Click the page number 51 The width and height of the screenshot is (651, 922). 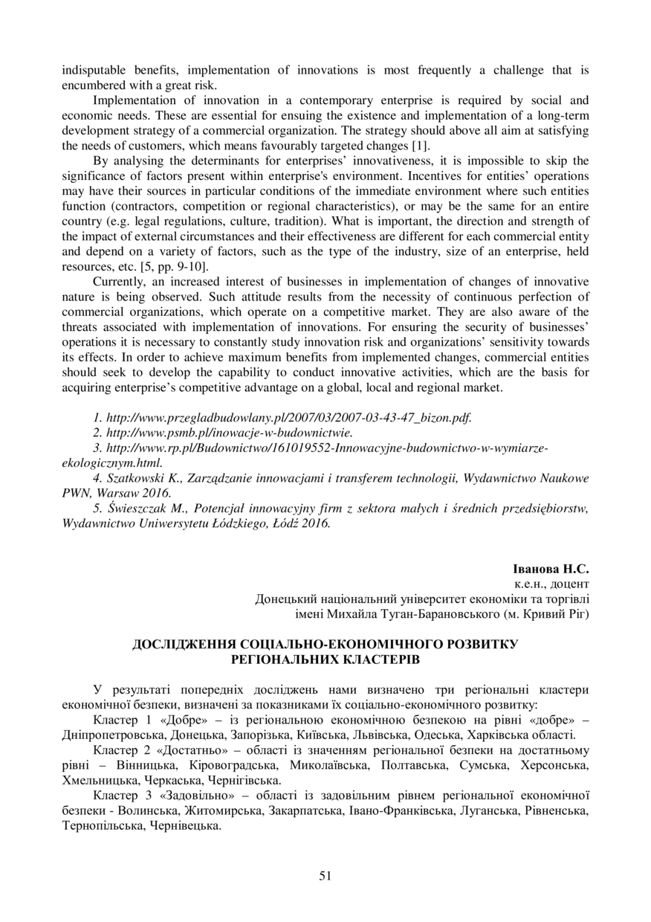[325, 876]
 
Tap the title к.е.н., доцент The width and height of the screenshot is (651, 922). [551, 584]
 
